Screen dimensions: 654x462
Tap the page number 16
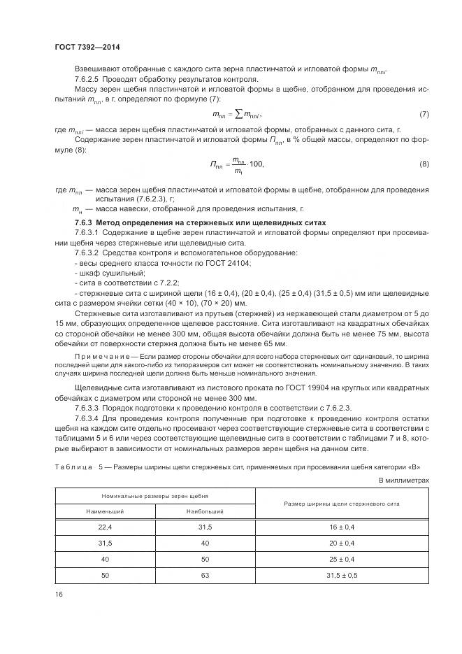tap(59, 594)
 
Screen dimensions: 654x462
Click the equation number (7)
tap(424, 114)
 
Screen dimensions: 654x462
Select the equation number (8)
tap(424, 164)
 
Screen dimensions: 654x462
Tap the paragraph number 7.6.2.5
tap(88, 79)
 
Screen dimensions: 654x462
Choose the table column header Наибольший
tap(205, 512)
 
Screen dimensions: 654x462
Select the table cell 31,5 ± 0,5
tap(341, 574)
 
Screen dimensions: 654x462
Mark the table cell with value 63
tap(205, 574)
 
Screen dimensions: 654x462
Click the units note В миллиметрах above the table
tap(403, 480)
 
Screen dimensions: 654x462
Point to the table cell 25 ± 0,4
tap(341, 559)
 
